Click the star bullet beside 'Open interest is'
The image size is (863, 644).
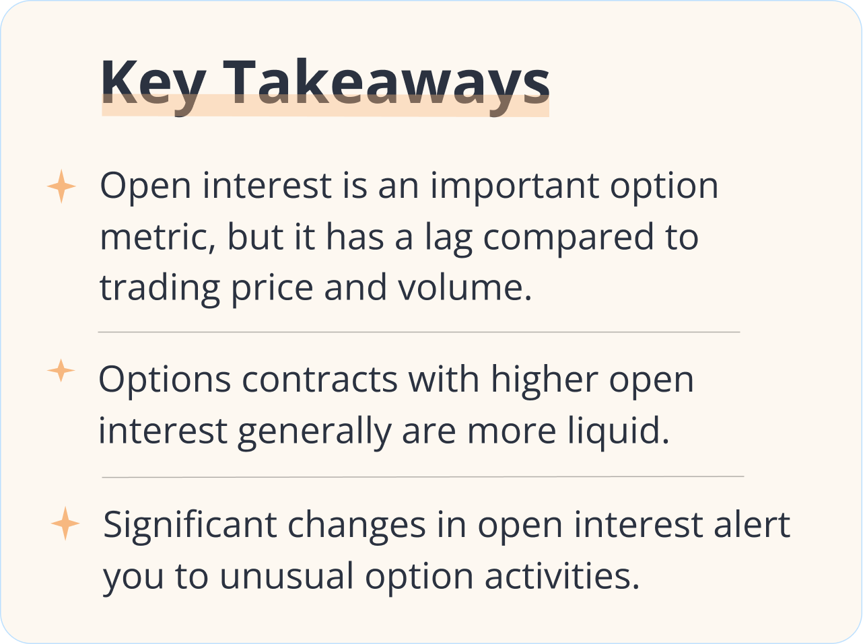61,186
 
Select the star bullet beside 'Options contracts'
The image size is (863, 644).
61,371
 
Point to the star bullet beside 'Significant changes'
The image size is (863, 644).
65,524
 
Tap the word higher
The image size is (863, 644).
544,380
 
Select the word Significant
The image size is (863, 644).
190,525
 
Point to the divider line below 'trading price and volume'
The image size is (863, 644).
419,332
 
